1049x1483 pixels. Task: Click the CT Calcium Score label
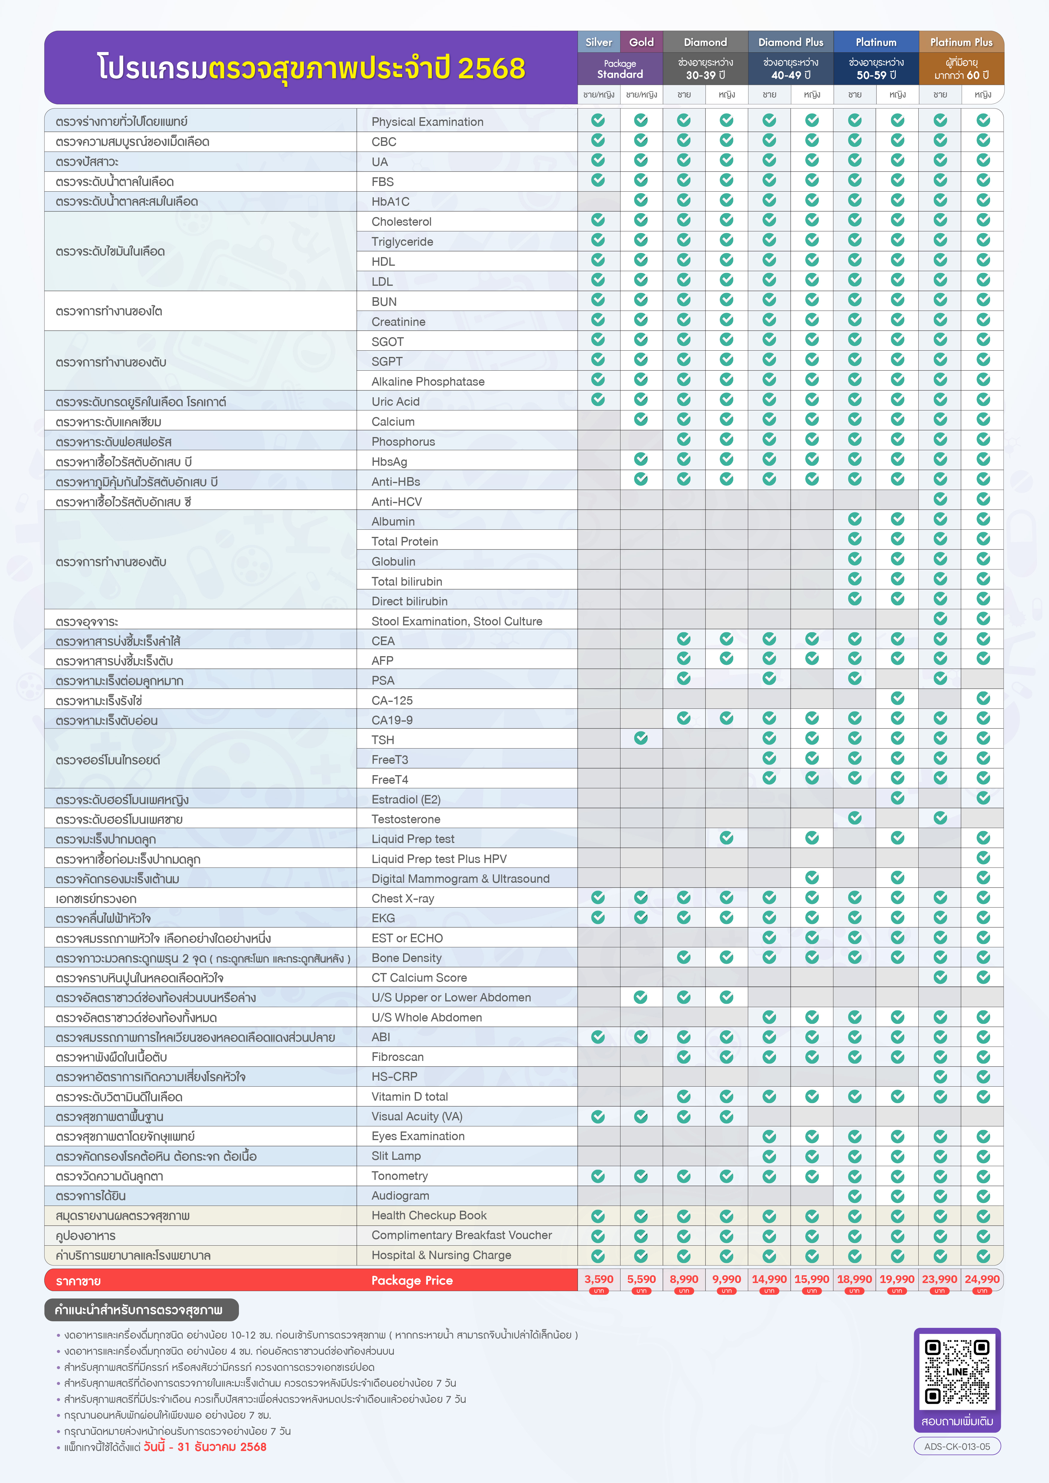point(419,977)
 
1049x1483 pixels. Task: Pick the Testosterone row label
point(406,819)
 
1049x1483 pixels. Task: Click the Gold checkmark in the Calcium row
point(641,419)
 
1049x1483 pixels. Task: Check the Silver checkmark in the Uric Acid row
point(598,399)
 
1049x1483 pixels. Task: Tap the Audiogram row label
point(400,1195)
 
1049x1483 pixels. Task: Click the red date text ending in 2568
point(205,1447)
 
